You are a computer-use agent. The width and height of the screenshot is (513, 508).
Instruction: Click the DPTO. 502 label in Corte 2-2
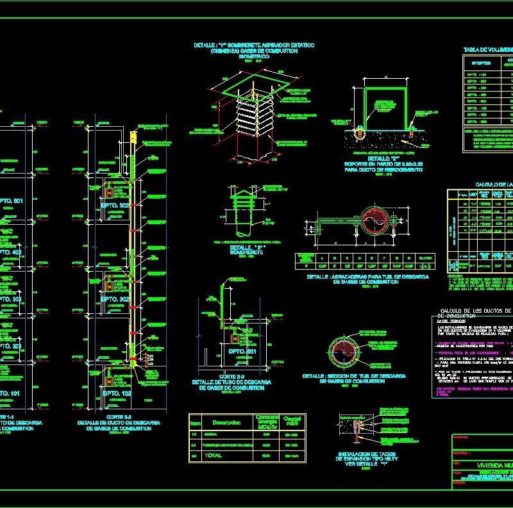click(x=115, y=206)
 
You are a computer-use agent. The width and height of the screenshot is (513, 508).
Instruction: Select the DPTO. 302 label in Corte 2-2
click(x=115, y=299)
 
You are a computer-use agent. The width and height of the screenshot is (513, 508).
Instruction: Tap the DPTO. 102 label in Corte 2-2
click(x=115, y=393)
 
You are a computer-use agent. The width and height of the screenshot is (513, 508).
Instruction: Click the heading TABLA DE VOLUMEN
click(x=487, y=50)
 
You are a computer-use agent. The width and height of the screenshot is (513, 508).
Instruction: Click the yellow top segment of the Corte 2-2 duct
click(x=133, y=138)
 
